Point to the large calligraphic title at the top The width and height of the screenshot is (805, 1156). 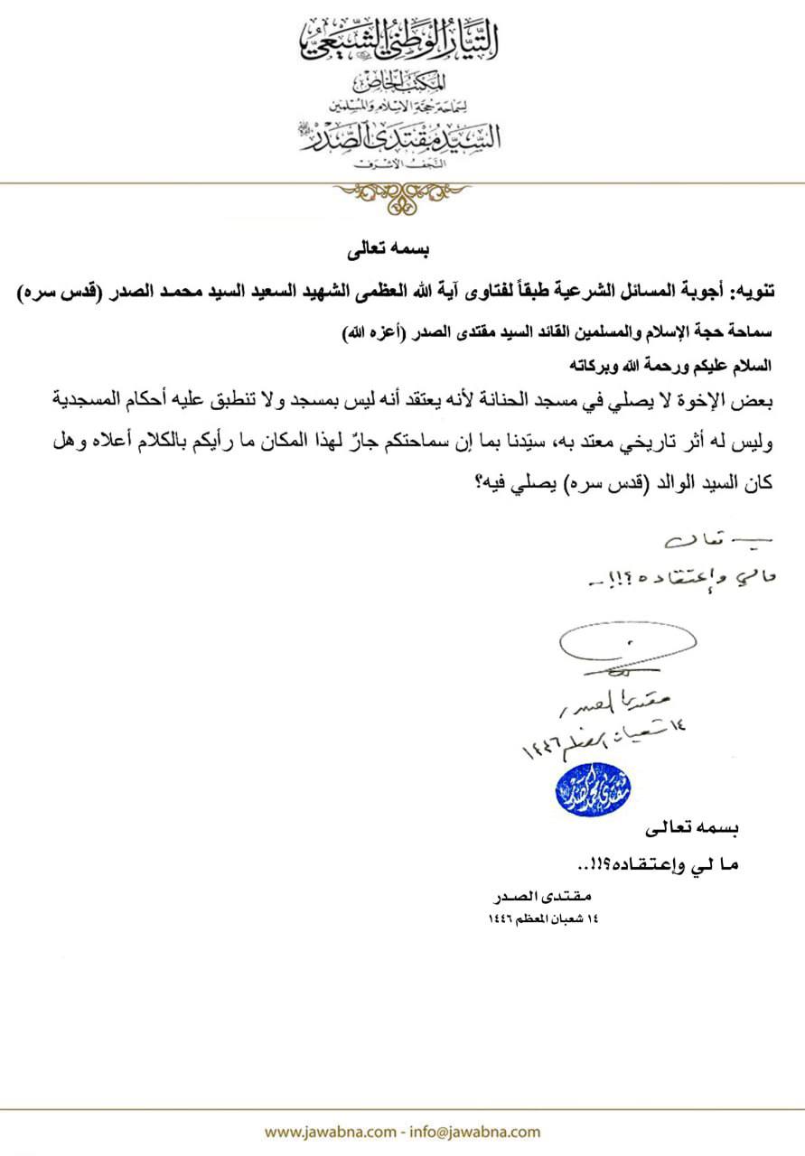click(401, 41)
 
